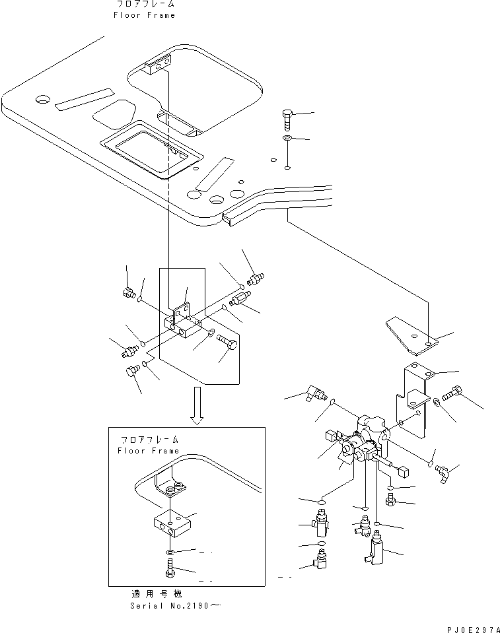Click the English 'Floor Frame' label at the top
(144, 15)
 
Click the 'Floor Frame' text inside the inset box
(148, 451)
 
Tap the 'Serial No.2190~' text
(176, 605)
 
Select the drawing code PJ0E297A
(473, 629)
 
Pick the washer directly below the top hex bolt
(287, 139)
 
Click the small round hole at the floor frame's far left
(42, 99)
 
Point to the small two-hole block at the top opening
(158, 65)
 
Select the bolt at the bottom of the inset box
(170, 568)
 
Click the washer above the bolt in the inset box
(170, 552)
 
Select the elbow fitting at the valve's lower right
(442, 473)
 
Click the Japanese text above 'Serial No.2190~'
(157, 594)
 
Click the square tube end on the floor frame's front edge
(228, 220)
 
